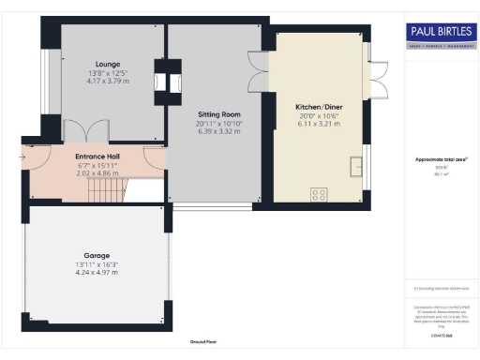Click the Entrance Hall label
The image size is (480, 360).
[x=97, y=156]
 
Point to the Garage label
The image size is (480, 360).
[x=97, y=255]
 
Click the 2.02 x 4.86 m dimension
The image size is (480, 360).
[x=97, y=174]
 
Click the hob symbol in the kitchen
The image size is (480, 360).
[x=320, y=195]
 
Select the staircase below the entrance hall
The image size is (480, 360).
[x=105, y=192]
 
